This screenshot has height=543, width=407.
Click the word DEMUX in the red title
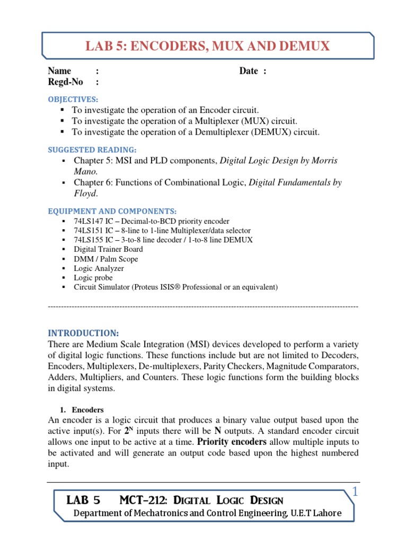pos(304,47)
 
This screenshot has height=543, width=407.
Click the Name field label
pos(59,71)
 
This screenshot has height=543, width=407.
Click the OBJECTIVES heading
pos(73,99)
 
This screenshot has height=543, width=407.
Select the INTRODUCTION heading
pos(83,333)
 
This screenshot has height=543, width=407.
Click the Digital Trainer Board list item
pos(108,249)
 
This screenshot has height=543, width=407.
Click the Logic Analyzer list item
pos(99,268)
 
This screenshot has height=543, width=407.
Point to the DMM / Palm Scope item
pos(105,259)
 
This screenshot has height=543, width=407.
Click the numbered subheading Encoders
pos(87,410)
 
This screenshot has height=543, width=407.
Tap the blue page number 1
pos(356,493)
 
